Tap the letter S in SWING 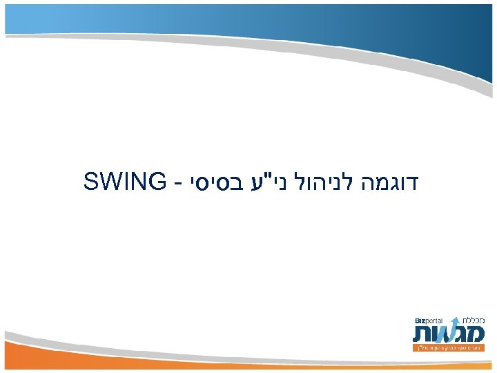[x=92, y=182]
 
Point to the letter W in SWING [x=110, y=182]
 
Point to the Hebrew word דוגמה [x=393, y=182]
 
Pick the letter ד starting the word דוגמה [x=416, y=182]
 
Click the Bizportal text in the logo [x=429, y=321]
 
